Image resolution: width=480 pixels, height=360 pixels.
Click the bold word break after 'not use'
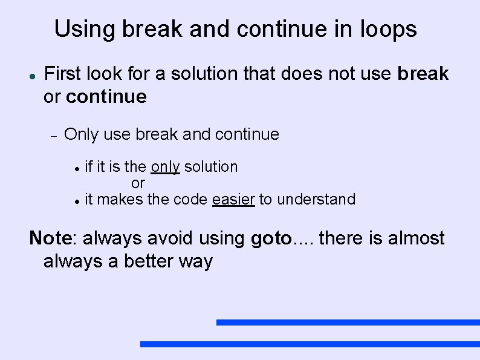tap(423, 74)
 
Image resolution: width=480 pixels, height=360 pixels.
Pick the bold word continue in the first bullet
tap(106, 97)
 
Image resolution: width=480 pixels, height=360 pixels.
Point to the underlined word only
tap(165, 167)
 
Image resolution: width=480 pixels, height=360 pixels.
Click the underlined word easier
tap(234, 199)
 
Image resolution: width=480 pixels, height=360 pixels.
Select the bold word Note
tap(50, 238)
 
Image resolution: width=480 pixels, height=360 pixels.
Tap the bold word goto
tap(271, 238)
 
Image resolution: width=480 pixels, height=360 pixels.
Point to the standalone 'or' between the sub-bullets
tap(138, 183)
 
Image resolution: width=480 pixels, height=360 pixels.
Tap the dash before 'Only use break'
tap(53, 136)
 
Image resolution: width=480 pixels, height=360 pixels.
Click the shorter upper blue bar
tap(348, 322)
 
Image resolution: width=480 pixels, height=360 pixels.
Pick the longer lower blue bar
tap(310, 344)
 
